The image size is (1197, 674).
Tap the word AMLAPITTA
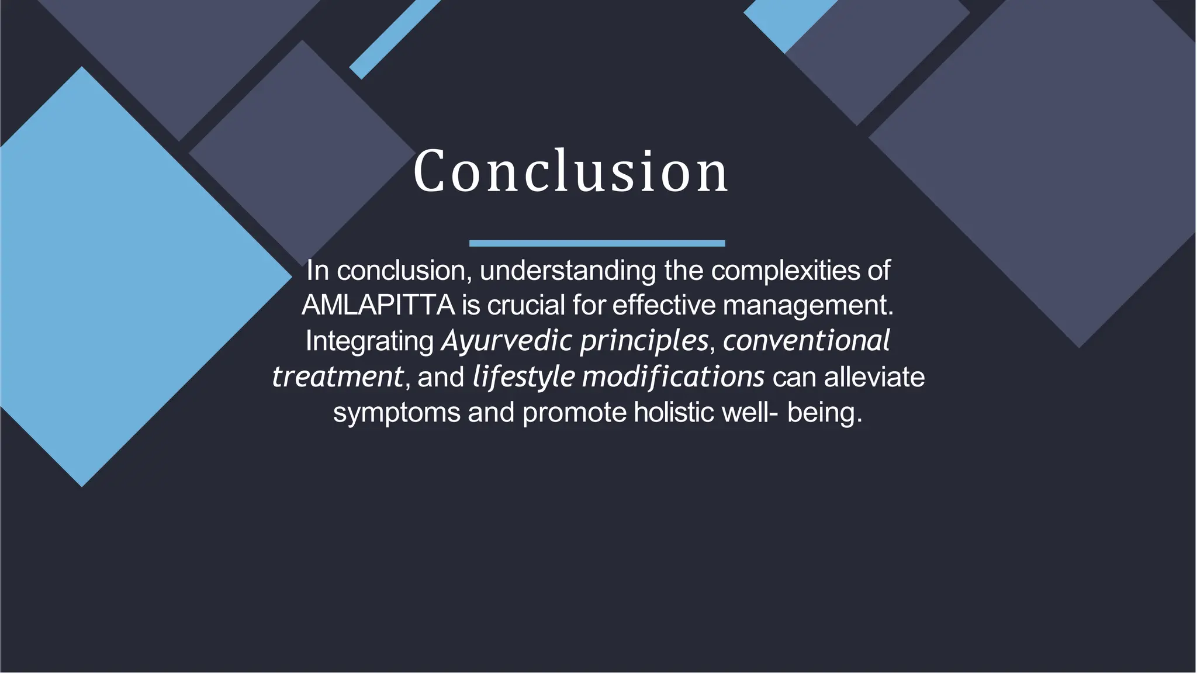point(378,305)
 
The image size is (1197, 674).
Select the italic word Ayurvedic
point(507,340)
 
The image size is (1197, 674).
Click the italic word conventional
point(806,340)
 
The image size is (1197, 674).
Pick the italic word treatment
point(338,376)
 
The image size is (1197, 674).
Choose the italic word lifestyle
point(524,376)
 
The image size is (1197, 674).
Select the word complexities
point(790,271)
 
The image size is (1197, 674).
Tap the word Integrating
point(369,341)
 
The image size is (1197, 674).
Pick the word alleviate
point(874,377)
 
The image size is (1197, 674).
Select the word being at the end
point(824,413)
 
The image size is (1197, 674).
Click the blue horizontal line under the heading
point(597,243)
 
